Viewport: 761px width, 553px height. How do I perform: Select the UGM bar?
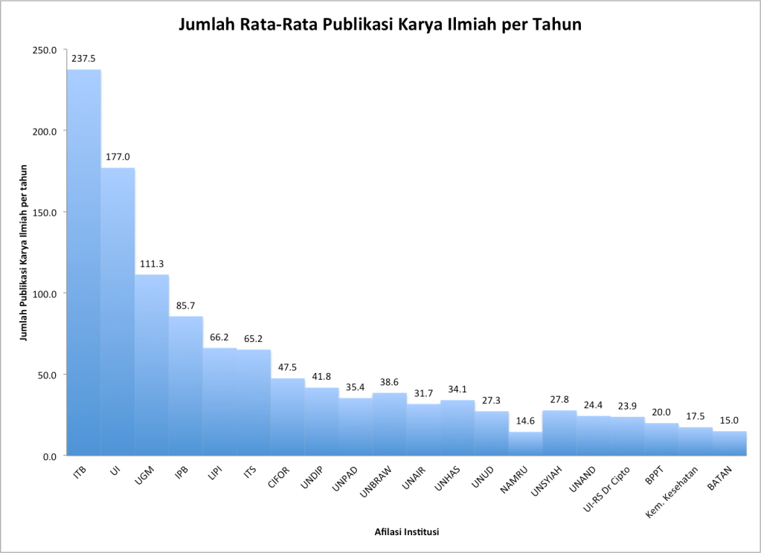152,364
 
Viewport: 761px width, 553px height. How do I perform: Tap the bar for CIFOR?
287,416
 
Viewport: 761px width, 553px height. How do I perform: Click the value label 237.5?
83,58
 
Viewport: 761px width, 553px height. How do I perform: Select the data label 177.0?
118,157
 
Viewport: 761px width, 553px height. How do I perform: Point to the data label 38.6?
390,381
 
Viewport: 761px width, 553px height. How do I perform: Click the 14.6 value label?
526,421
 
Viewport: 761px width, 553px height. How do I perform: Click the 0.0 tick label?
48,456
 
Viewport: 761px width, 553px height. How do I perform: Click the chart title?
379,25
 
